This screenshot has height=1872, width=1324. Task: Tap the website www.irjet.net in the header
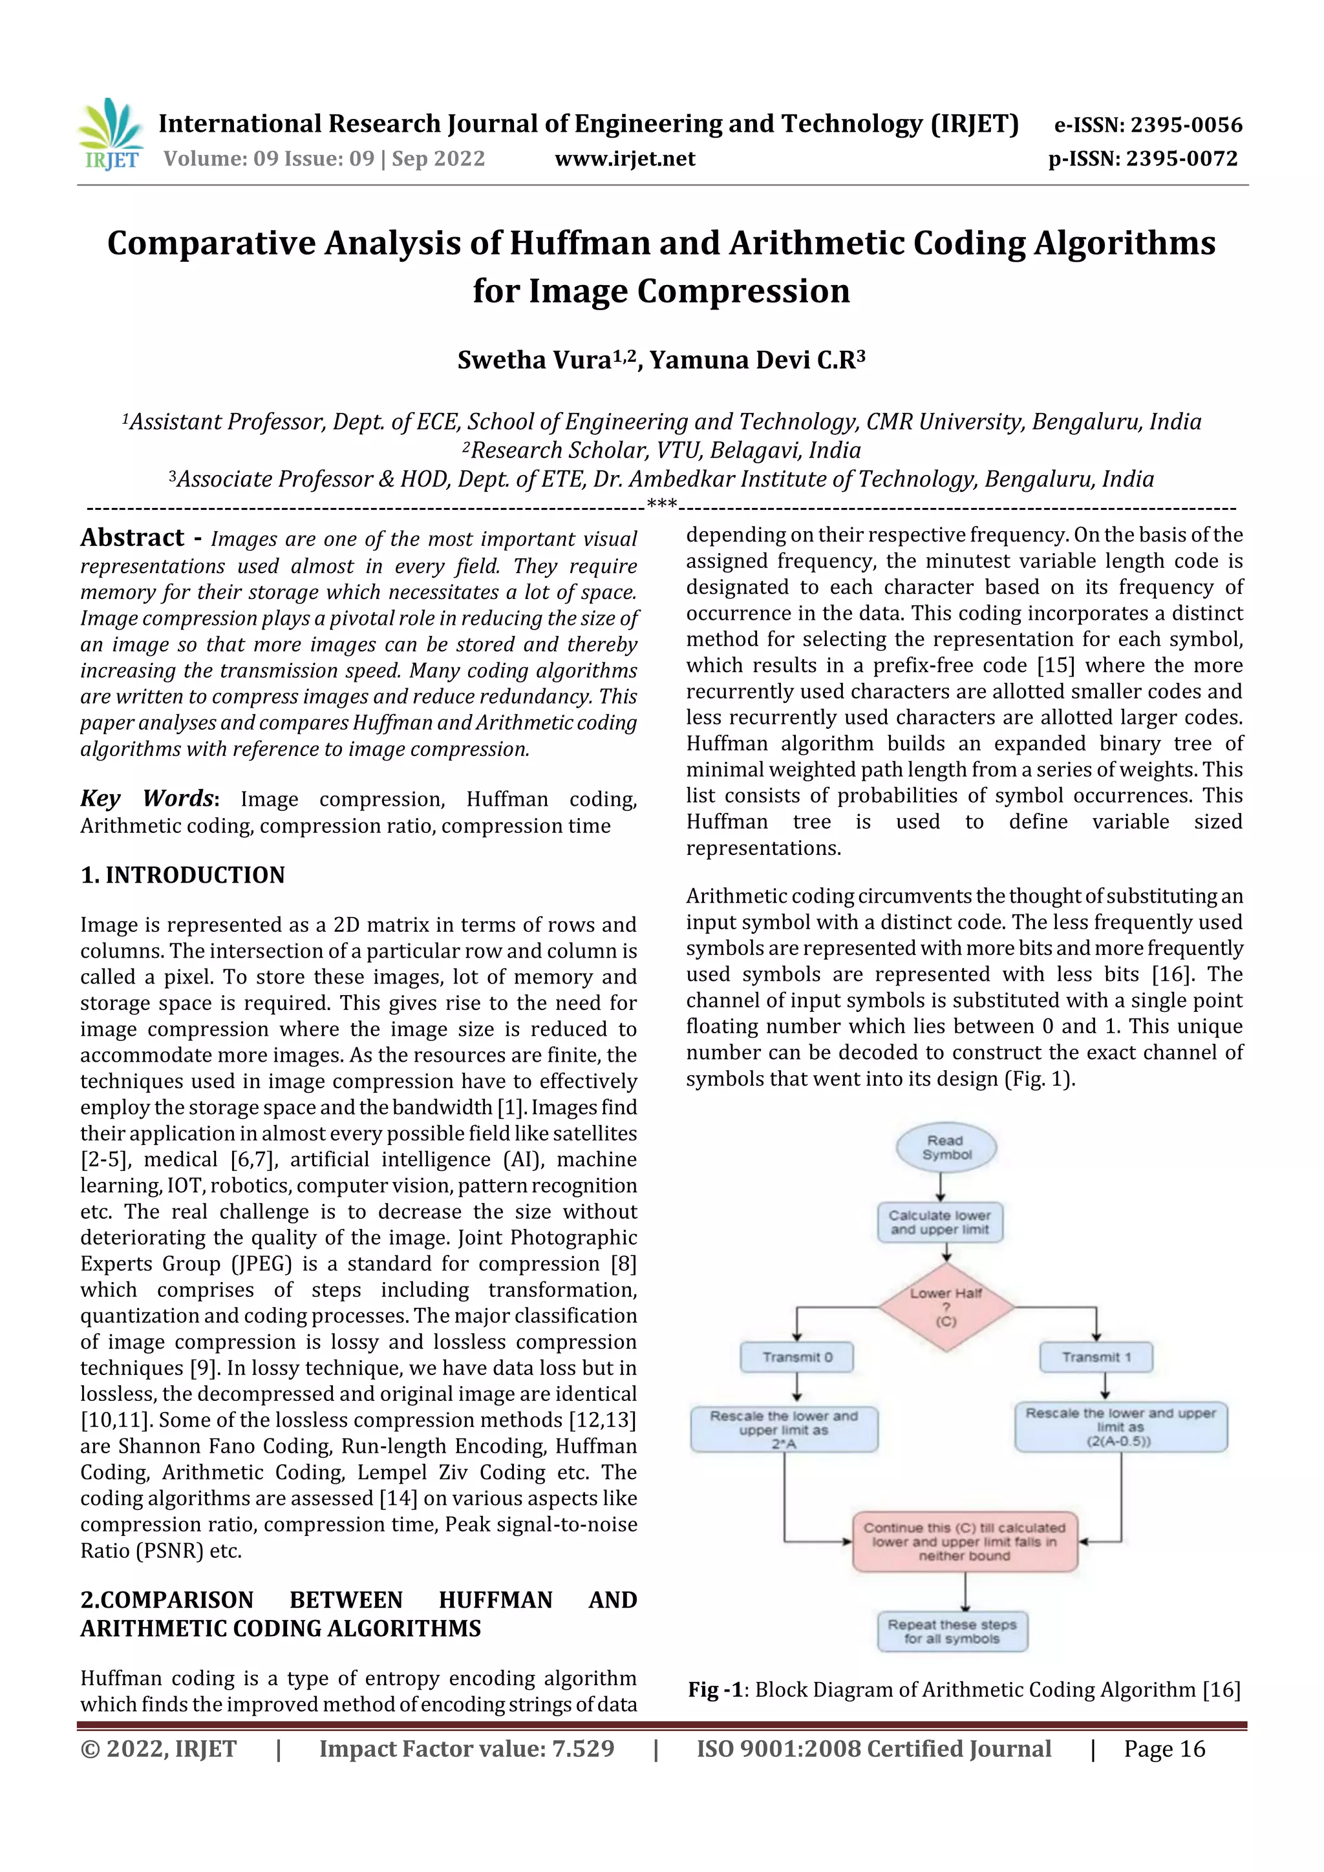click(625, 159)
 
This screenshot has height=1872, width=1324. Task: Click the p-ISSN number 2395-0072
click(1182, 159)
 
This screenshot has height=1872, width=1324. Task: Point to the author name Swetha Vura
click(535, 359)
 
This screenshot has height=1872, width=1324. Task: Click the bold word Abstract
click(132, 538)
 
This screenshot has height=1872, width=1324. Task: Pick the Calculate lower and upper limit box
click(940, 1222)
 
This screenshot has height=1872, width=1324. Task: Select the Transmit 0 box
click(797, 1358)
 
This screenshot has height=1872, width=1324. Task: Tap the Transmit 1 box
click(1096, 1358)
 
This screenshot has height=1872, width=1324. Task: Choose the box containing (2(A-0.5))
click(1120, 1427)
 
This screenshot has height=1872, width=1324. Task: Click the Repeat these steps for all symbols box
click(952, 1632)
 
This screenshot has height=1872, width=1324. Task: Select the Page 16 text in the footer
click(1164, 1749)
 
